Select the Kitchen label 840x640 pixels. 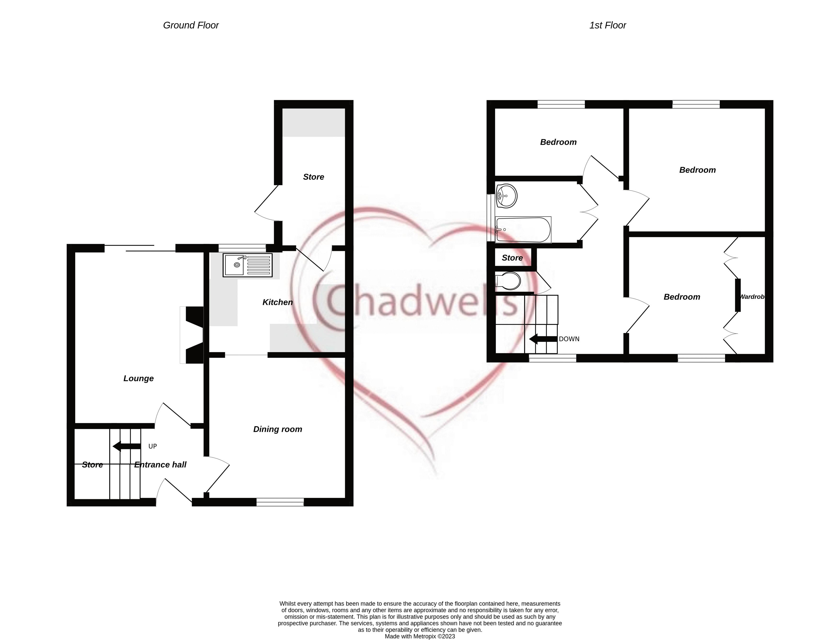[x=278, y=302]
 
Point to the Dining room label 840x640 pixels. [x=278, y=429]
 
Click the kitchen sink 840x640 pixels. [x=247, y=265]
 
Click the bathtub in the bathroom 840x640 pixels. [x=523, y=229]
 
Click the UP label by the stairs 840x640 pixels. [x=153, y=446]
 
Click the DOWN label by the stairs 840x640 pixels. [x=569, y=339]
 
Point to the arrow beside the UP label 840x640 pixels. [x=127, y=446]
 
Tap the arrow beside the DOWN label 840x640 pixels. [x=543, y=339]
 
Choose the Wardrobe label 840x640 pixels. [x=752, y=297]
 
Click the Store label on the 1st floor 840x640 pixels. [x=512, y=258]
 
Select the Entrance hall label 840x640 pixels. [x=160, y=465]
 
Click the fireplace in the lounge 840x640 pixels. [x=192, y=335]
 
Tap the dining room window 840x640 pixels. [x=280, y=502]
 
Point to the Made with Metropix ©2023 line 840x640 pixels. [x=420, y=636]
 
